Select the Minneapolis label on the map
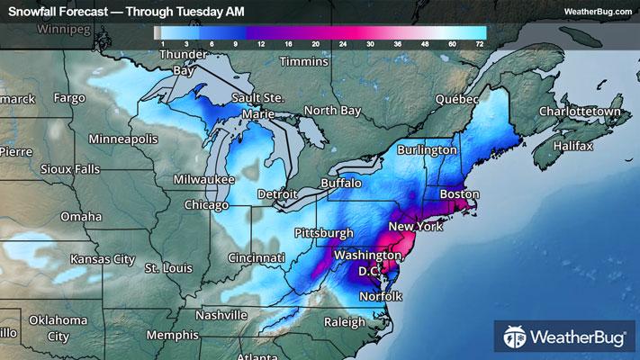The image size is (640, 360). (123, 139)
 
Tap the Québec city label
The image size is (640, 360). (454, 99)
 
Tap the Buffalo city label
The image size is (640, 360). (340, 183)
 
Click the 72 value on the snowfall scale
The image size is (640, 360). (480, 42)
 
